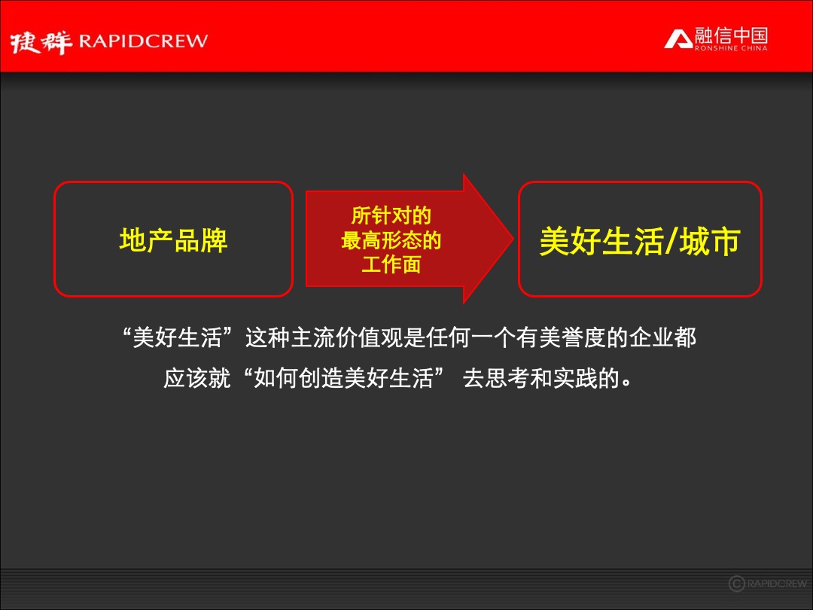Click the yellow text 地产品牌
(173, 240)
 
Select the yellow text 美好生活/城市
(640, 241)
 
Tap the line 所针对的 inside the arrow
(391, 216)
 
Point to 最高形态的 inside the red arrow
(391, 241)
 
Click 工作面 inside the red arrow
(391, 265)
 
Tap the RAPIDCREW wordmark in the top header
(143, 41)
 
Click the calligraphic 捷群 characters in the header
(41, 41)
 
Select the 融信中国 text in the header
(731, 35)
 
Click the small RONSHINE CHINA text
(731, 49)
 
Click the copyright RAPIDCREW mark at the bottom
(768, 584)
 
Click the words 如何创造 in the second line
(299, 378)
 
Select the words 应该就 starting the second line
(197, 378)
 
